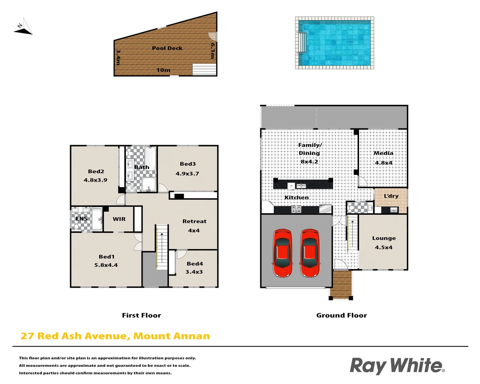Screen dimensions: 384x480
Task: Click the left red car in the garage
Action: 283,253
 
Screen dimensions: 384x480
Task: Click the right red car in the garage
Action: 310,253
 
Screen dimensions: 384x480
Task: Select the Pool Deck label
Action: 167,48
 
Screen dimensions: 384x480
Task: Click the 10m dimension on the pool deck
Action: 164,70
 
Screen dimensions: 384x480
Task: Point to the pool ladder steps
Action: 302,43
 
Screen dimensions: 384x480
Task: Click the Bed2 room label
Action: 96,171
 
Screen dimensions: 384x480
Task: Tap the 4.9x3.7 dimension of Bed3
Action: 187,174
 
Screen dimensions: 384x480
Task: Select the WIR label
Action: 119,219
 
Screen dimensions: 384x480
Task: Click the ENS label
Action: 81,219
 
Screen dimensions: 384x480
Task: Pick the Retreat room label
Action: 194,221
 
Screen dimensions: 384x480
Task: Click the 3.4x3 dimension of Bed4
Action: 194,272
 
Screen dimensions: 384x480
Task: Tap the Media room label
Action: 383,153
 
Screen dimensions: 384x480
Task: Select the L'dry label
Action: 391,196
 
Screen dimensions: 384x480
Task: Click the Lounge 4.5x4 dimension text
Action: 384,247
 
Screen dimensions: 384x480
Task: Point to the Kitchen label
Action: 297,197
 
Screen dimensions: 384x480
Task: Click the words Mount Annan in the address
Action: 172,336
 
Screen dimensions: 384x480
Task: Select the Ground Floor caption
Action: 342,315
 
